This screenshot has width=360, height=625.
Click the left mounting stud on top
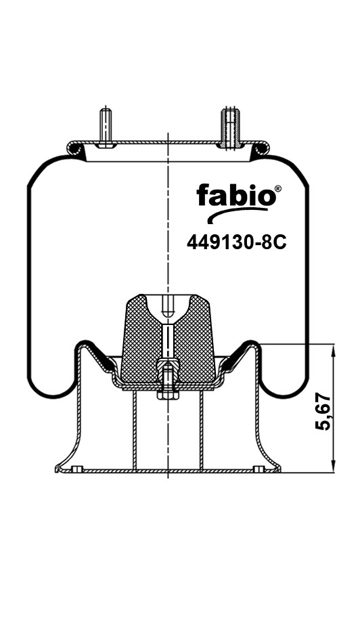pyautogui.click(x=105, y=127)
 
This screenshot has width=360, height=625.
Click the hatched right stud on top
pyautogui.click(x=231, y=127)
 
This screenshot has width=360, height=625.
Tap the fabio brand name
pyautogui.click(x=236, y=195)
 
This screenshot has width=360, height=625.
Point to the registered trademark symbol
pyautogui.click(x=278, y=188)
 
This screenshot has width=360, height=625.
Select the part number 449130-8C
pyautogui.click(x=237, y=242)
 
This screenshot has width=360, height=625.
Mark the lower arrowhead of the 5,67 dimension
pyautogui.click(x=333, y=466)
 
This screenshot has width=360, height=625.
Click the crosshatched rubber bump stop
pyautogui.click(x=168, y=339)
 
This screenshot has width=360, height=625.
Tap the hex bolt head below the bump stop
pyautogui.click(x=168, y=395)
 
